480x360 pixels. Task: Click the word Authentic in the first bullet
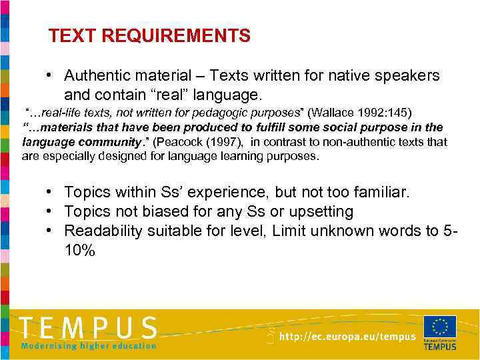96,76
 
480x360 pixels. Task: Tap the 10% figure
80,251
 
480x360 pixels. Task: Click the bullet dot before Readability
50,231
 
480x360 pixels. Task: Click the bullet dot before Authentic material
50,76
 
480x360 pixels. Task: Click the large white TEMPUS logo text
88,328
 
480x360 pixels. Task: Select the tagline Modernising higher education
88,346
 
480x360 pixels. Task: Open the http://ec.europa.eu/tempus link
347,337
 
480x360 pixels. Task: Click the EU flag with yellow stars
439,327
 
